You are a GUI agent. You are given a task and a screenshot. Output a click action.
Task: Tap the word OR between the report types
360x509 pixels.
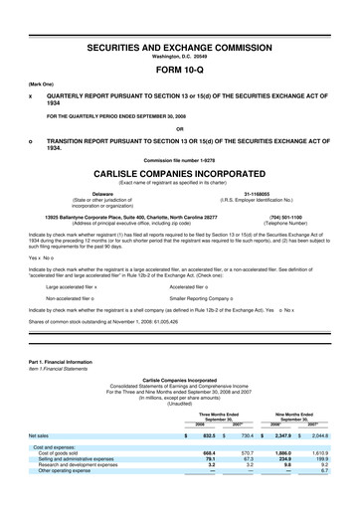click(x=179, y=127)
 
